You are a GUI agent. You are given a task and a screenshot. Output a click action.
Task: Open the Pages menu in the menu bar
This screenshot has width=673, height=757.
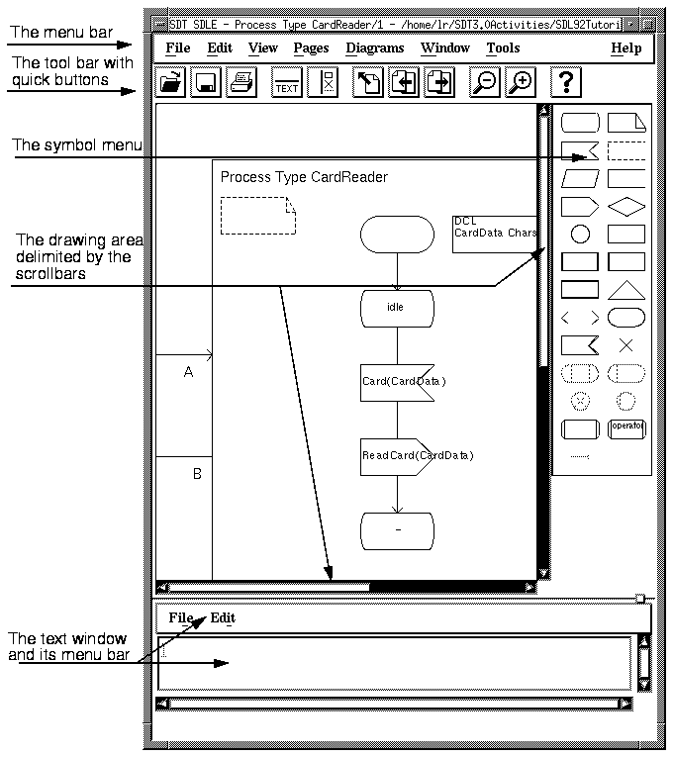pyautogui.click(x=311, y=47)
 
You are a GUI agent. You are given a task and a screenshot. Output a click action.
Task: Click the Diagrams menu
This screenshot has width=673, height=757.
pyautogui.click(x=375, y=47)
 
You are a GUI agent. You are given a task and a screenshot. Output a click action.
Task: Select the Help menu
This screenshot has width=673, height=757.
pyautogui.click(x=625, y=47)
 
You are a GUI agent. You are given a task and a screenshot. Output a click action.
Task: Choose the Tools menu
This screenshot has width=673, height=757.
pyautogui.click(x=503, y=47)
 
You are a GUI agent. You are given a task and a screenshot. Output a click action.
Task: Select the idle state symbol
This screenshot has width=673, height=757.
pyautogui.click(x=397, y=308)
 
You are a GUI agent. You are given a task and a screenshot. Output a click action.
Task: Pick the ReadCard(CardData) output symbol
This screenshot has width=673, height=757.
pyautogui.click(x=398, y=456)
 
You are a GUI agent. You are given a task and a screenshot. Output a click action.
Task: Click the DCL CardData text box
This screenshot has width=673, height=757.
pyautogui.click(x=495, y=234)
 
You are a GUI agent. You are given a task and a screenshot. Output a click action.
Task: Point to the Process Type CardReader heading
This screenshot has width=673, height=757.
pyautogui.click(x=304, y=177)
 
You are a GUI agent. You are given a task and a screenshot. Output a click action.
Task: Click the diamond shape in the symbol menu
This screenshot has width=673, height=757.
pyautogui.click(x=625, y=206)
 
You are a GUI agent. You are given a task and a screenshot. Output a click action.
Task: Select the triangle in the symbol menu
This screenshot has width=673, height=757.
pyautogui.click(x=625, y=289)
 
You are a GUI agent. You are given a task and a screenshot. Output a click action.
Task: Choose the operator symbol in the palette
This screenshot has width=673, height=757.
pyautogui.click(x=625, y=428)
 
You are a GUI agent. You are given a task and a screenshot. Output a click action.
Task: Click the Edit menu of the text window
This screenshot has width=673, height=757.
pyautogui.click(x=223, y=618)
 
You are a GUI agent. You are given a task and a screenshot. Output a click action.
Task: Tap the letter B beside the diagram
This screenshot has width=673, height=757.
pyautogui.click(x=197, y=474)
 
